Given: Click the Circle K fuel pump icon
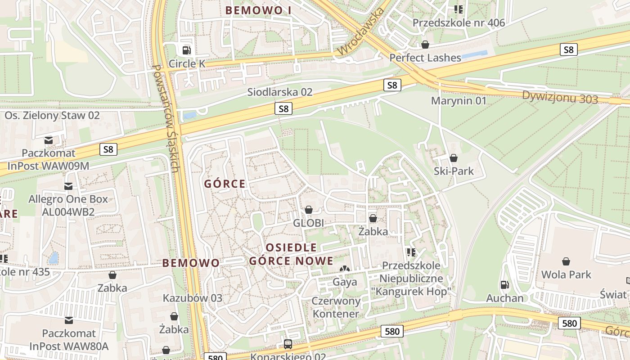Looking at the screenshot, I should coord(185,50).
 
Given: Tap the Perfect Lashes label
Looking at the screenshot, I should coord(425,58).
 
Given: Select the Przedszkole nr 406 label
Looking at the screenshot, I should coord(459,22).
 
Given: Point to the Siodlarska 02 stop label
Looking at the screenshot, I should coord(279,92).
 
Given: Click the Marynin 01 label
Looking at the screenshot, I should coord(459,100).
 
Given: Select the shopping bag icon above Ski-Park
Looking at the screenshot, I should coord(454,158).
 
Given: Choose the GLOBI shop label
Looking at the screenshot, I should coord(309,223).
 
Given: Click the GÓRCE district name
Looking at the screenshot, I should coord(225,184).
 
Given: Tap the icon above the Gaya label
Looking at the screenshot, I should coord(344,269).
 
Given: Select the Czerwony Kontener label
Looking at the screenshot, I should coord(336,307).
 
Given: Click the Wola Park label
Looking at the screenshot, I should coord(566,274).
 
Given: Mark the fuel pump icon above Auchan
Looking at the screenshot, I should coord(504,284).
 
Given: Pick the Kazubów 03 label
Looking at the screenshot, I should coord(193,298).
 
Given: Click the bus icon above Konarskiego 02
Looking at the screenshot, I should coord(288,344).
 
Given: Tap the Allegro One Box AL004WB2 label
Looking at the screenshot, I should coord(68,205).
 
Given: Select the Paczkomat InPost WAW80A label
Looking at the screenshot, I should coord(69,340).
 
